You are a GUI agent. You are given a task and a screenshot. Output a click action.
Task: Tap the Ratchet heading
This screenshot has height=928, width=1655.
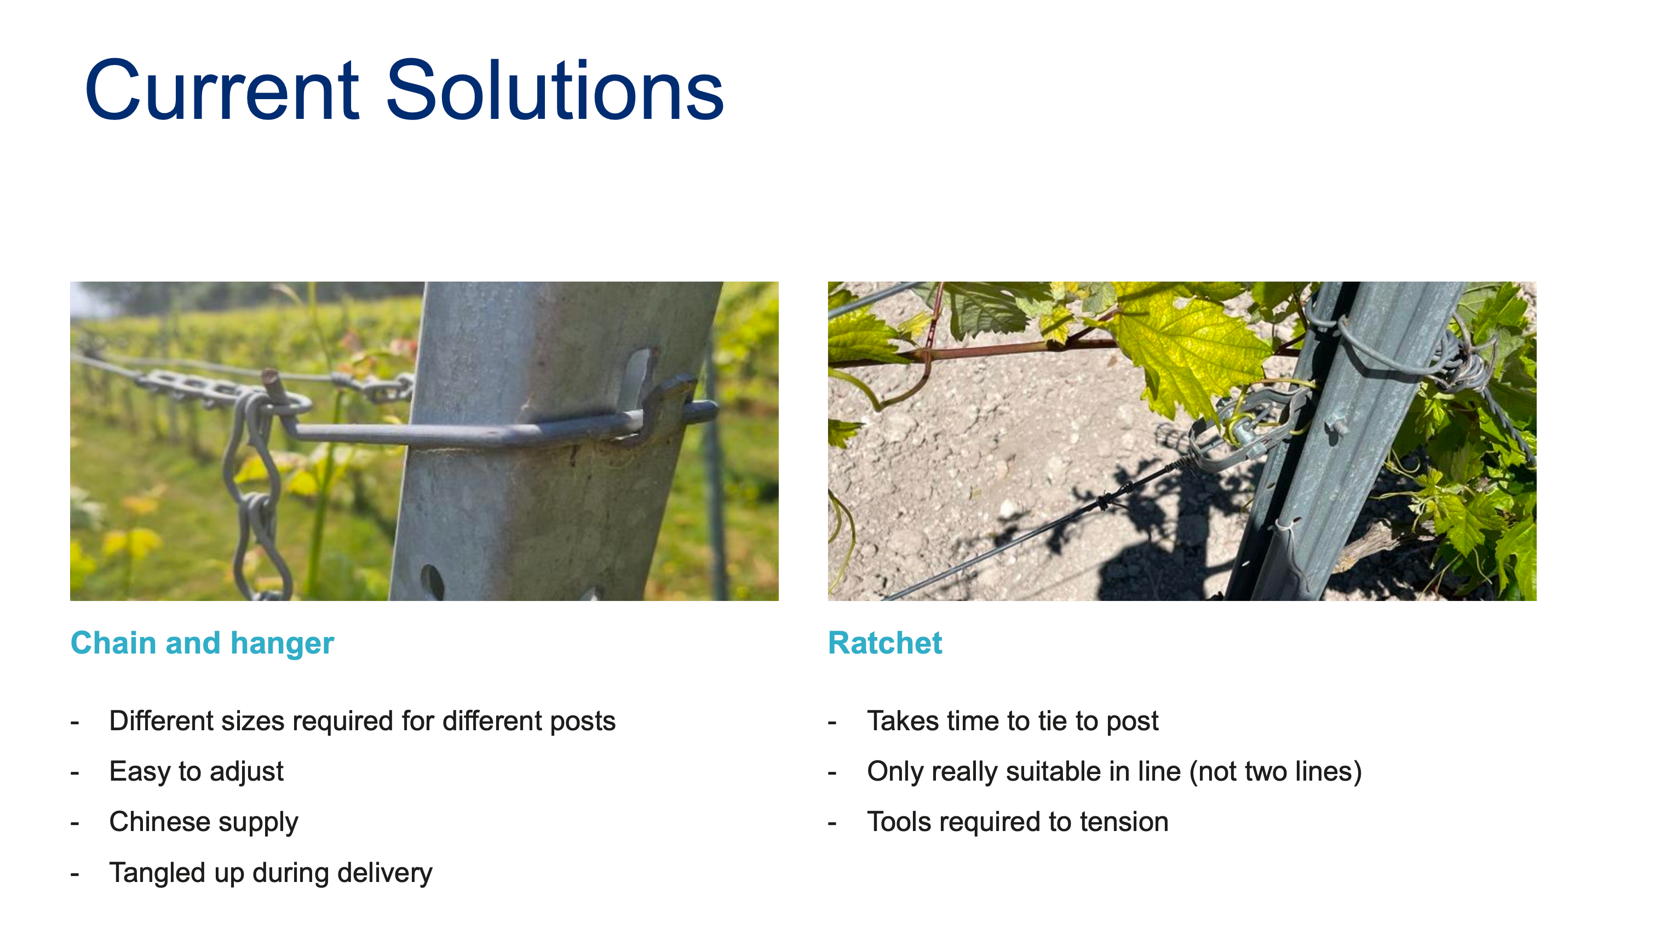click(x=884, y=643)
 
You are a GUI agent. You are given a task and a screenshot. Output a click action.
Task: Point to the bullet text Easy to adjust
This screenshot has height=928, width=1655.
click(x=196, y=771)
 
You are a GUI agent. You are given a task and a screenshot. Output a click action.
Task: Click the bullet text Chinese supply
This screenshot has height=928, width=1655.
click(x=204, y=822)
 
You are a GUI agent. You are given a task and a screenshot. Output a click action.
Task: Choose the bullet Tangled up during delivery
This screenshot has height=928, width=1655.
click(x=271, y=873)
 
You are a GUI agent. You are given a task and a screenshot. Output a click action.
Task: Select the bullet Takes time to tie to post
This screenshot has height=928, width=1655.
click(x=1013, y=721)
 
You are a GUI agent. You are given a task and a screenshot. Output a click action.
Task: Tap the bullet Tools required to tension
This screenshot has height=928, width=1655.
click(x=1018, y=822)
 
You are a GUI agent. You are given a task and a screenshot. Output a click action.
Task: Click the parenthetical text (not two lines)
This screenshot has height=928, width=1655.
click(x=1275, y=772)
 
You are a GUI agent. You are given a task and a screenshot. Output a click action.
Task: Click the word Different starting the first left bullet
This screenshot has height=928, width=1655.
click(x=160, y=721)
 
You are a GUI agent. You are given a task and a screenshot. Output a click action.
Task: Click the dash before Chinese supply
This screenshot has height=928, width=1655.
click(x=74, y=823)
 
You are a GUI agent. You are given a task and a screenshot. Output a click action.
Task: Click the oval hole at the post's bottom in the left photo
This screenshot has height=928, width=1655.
click(x=433, y=581)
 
